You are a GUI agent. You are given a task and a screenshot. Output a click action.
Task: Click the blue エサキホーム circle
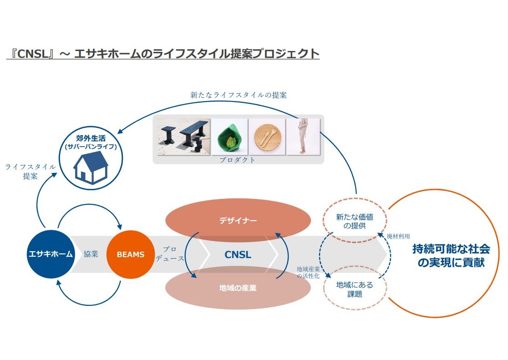click(50, 254)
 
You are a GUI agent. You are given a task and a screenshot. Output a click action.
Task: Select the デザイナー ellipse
click(238, 221)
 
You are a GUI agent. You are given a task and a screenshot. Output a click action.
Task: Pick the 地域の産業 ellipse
click(238, 288)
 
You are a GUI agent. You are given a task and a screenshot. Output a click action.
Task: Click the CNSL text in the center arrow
click(238, 254)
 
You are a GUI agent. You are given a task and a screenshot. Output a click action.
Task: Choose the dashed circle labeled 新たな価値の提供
click(354, 221)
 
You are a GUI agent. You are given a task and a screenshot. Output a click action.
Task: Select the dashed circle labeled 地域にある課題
click(354, 289)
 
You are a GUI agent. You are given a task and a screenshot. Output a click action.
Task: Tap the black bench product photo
click(183, 137)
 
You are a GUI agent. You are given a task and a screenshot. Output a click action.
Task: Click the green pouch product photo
click(229, 137)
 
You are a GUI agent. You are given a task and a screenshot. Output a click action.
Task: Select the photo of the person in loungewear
click(304, 137)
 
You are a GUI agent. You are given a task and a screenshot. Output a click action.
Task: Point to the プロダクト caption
click(238, 160)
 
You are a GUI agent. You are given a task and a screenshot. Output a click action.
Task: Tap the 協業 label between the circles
click(91, 254)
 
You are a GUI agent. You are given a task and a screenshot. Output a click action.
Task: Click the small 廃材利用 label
click(398, 237)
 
